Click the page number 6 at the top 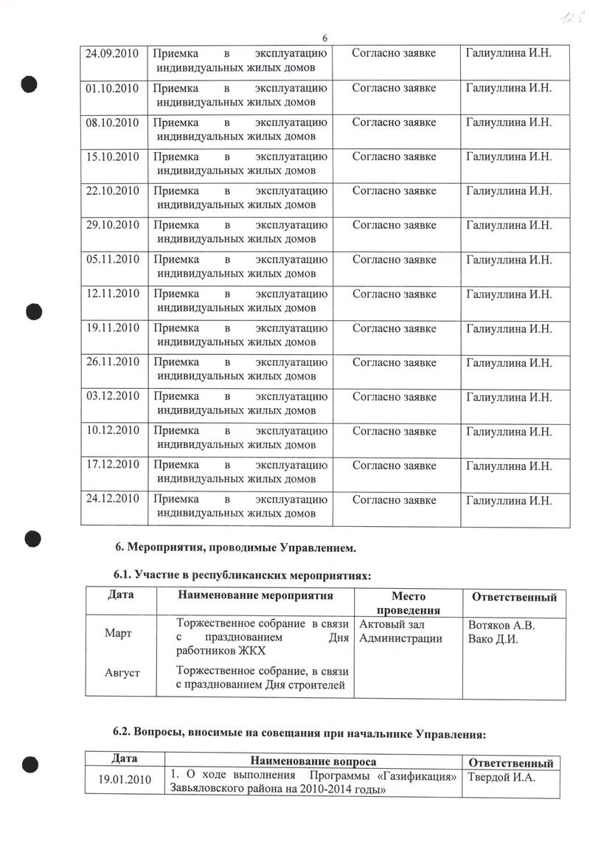[324, 39]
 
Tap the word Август [121, 672]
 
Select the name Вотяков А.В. [502, 626]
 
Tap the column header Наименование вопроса [313, 762]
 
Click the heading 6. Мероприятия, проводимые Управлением [237, 548]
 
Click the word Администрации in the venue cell [400, 639]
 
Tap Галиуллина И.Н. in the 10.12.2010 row [509, 431]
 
